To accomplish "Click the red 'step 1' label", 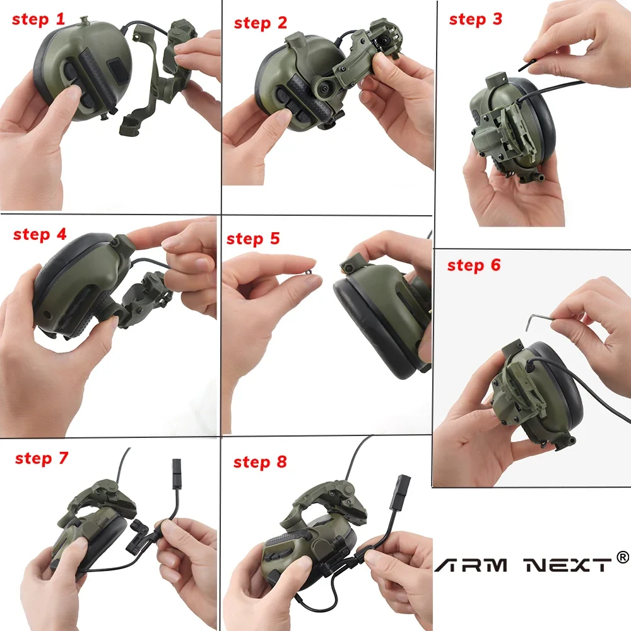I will click(38, 20).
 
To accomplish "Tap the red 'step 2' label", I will click(260, 23).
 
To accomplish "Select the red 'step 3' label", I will click(475, 20).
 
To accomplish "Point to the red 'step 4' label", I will click(40, 235).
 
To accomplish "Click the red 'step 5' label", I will click(252, 239).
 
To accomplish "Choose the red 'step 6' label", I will click(473, 266).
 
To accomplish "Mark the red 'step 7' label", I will click(41, 458).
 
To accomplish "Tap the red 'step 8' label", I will click(259, 463).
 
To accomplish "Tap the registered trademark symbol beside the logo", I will click(622, 557).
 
